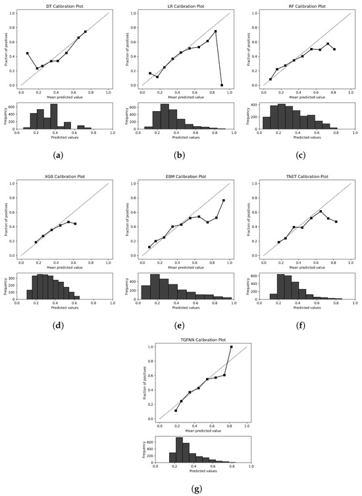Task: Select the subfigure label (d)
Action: tap(62, 324)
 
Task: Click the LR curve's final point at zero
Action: tap(222, 85)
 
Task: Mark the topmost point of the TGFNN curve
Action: tap(232, 347)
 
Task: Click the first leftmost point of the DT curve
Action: tap(28, 53)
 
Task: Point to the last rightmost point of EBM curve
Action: tap(223, 200)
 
